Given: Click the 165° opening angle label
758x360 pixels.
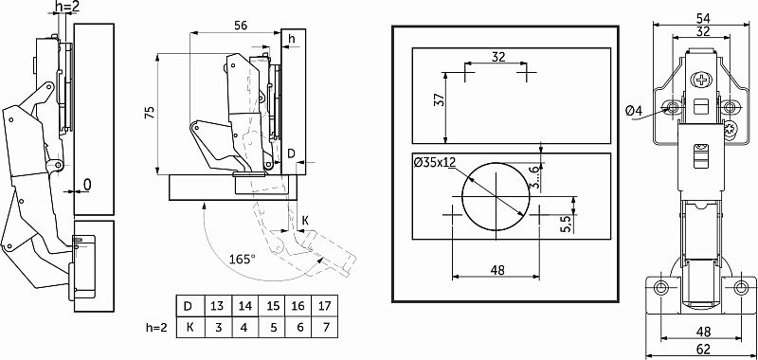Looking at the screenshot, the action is tap(243, 259).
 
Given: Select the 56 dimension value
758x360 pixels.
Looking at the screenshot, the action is tap(241, 26).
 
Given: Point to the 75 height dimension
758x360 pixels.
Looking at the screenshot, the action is tap(150, 113).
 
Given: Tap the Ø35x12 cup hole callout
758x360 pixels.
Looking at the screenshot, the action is tap(435, 162).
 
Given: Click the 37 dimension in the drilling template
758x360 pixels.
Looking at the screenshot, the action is tap(439, 100).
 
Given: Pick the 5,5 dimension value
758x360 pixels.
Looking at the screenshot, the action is tap(567, 224).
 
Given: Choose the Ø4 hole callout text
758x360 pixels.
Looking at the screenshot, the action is tap(634, 111).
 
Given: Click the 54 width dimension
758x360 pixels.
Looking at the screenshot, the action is tap(702, 18).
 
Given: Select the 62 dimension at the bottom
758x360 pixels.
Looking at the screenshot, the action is tap(703, 349).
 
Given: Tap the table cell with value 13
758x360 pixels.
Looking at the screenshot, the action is tap(217, 306).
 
